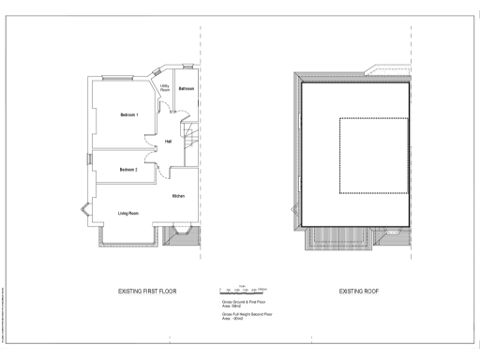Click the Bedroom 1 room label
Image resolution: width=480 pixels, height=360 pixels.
[129, 115]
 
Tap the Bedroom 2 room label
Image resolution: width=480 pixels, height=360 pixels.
[129, 170]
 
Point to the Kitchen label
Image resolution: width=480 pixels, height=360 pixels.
[178, 196]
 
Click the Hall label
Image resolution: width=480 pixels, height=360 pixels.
[169, 142]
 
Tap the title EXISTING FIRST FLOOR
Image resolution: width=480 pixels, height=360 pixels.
[147, 292]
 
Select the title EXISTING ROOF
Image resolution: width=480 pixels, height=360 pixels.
[357, 292]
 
